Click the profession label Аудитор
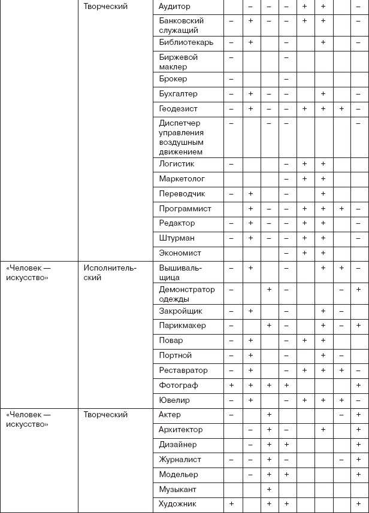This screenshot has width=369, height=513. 175,7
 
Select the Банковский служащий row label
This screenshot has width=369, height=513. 179,25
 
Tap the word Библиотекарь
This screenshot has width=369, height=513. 183,43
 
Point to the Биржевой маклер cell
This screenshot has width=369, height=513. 179,62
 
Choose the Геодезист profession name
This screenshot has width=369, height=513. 179,109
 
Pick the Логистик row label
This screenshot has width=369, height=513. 177,163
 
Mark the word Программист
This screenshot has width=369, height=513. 185,209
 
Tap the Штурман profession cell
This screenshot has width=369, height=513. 177,238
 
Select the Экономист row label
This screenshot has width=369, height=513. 180,253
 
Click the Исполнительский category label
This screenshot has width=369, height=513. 110,273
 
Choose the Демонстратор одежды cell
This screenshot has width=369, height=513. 186,294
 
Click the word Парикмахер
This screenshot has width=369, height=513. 182,326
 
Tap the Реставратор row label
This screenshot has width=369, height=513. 183,371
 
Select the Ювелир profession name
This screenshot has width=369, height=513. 174,400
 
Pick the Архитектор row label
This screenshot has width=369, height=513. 181,430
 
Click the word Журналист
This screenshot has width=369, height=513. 180,460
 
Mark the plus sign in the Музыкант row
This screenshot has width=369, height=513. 269,490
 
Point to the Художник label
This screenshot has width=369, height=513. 177,504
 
